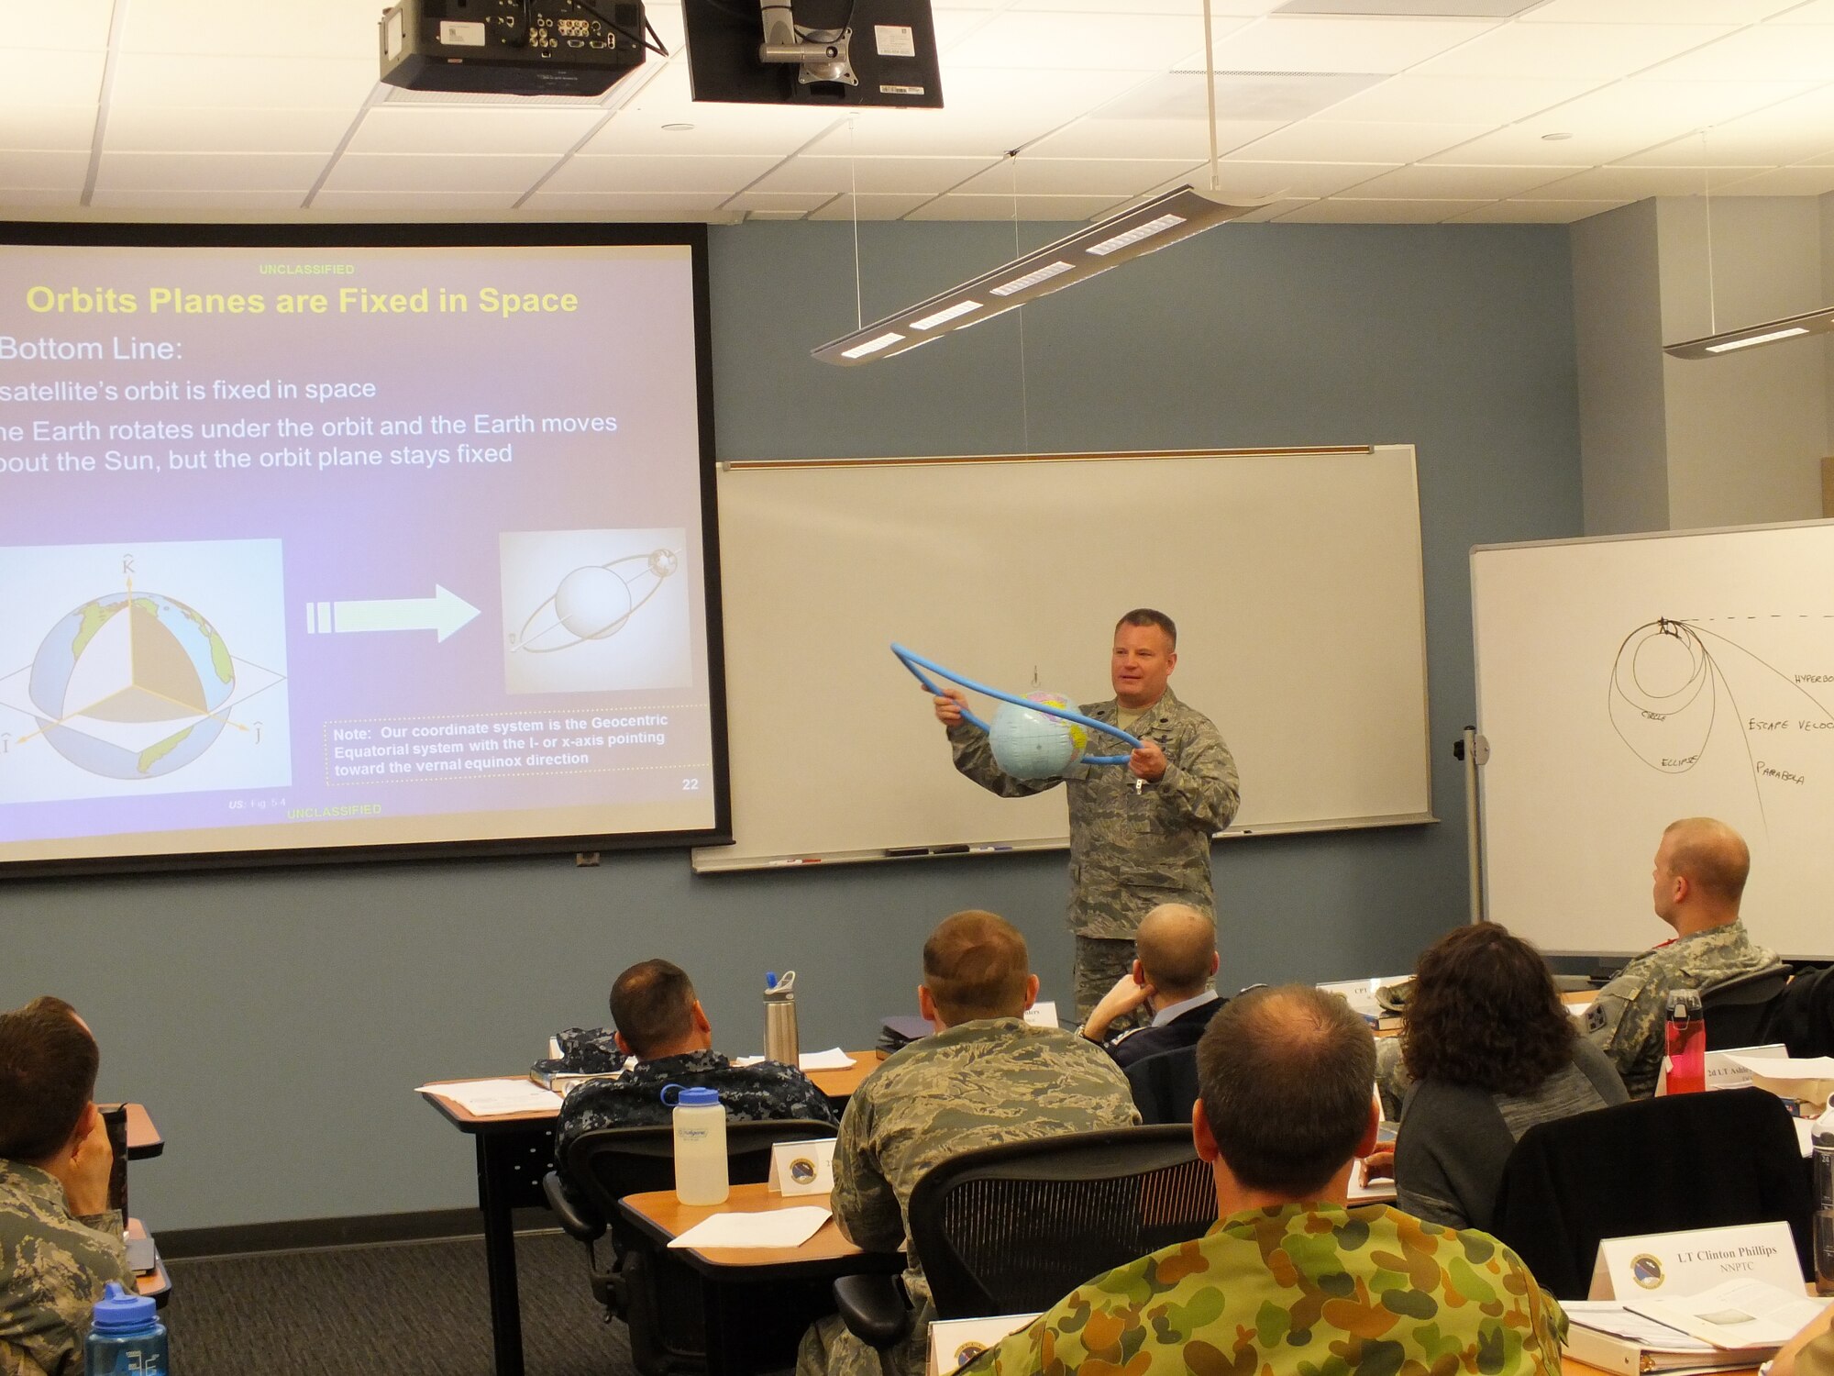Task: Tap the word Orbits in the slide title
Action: [83, 300]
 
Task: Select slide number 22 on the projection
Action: [690, 784]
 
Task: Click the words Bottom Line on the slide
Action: [92, 349]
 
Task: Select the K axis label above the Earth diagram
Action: [128, 568]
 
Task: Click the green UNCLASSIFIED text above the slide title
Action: [306, 270]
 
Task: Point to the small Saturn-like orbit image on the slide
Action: [594, 611]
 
